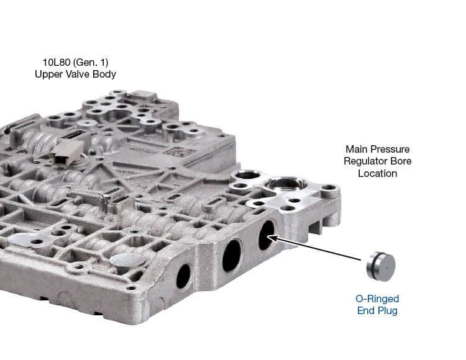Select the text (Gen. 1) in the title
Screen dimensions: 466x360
tap(91, 62)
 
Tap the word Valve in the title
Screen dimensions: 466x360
tap(75, 74)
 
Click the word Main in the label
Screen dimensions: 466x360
tap(357, 149)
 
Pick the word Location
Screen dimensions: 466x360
tap(377, 173)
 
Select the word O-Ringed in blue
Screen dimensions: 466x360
tap(377, 299)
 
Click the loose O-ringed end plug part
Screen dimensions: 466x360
tap(380, 266)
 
